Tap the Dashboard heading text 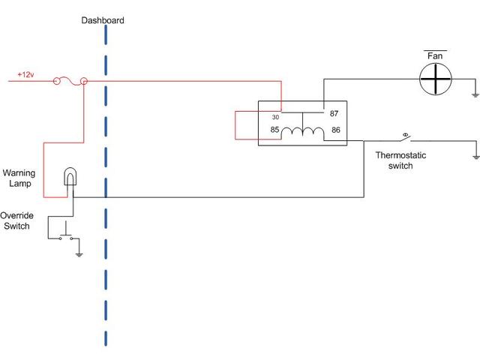[x=103, y=21]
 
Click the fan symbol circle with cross [x=436, y=78]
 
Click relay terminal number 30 [x=275, y=117]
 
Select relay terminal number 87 [x=335, y=112]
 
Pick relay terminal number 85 [x=275, y=130]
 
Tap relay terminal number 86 [x=335, y=130]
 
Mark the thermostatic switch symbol [x=406, y=138]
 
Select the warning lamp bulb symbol [x=70, y=178]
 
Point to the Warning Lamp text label [x=19, y=177]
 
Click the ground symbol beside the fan [x=475, y=94]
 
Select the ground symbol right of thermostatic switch [x=475, y=156]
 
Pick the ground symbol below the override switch [x=80, y=253]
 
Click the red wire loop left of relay [x=235, y=125]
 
